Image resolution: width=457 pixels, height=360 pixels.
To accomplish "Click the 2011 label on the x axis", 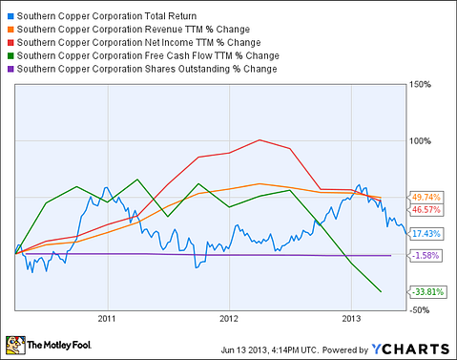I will click(x=106, y=320).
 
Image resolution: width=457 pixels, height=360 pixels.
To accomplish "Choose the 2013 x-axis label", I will click(x=352, y=320).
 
